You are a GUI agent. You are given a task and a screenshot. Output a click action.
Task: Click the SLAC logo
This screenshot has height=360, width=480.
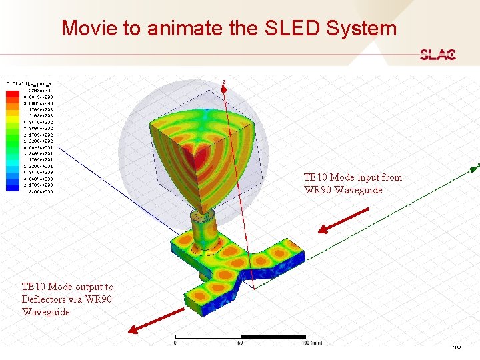click(437, 55)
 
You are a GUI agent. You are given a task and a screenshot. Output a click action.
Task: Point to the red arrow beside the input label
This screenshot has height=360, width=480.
click(343, 221)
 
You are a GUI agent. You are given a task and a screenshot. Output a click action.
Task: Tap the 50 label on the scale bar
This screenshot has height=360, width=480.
click(239, 343)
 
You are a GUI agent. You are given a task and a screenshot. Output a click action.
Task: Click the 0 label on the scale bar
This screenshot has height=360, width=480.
click(175, 343)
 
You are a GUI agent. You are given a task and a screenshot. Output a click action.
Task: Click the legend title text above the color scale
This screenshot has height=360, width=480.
click(30, 83)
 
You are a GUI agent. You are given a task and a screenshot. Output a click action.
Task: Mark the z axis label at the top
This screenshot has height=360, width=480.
click(224, 82)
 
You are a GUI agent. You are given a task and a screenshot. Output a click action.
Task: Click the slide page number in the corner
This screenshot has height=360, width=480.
click(457, 346)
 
